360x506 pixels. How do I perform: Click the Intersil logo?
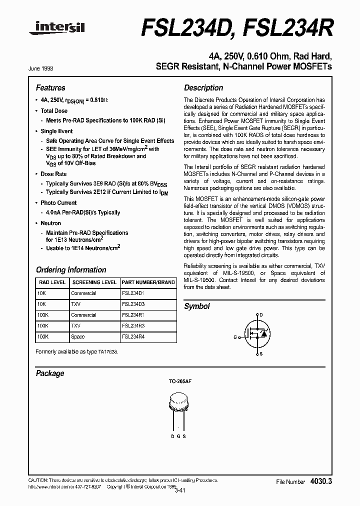[57, 30]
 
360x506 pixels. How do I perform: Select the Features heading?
[50, 87]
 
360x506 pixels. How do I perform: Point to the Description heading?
[203, 87]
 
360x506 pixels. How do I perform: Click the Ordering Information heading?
[71, 269]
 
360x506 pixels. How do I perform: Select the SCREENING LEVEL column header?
[94, 282]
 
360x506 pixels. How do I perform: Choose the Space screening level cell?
[78, 337]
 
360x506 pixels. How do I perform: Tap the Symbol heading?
[197, 306]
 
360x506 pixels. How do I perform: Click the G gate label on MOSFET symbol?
[235, 337]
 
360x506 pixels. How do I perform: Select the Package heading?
[50, 373]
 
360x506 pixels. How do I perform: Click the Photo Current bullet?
[58, 203]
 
